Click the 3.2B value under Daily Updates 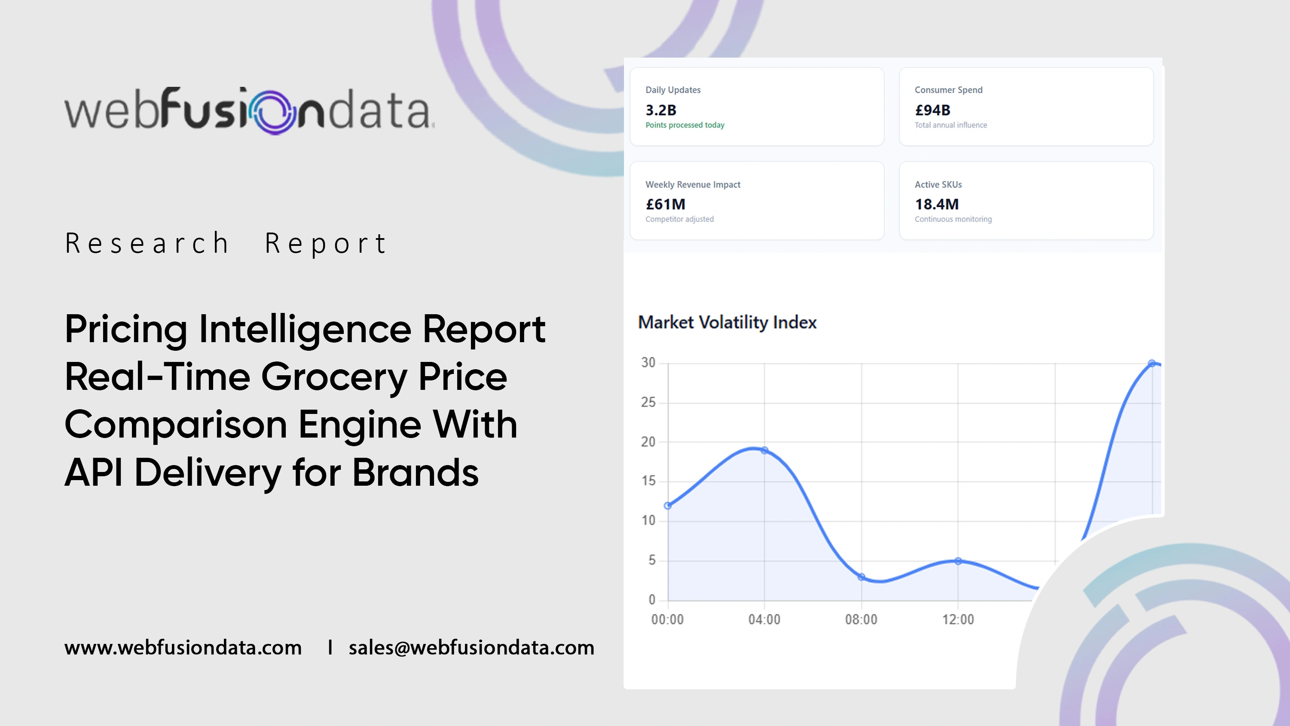(660, 110)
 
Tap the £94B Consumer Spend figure (932, 110)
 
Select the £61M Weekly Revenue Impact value (666, 204)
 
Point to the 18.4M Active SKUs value (936, 204)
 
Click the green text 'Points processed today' (685, 125)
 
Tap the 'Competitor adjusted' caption (679, 219)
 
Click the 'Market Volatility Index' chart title (727, 322)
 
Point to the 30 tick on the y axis (648, 362)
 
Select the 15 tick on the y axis (648, 481)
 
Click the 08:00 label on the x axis (861, 619)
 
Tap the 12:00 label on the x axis (958, 619)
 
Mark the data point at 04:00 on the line (764, 450)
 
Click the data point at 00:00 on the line (667, 505)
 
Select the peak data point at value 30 (1152, 363)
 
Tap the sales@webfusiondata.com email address (471, 647)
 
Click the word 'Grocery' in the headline (334, 377)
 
